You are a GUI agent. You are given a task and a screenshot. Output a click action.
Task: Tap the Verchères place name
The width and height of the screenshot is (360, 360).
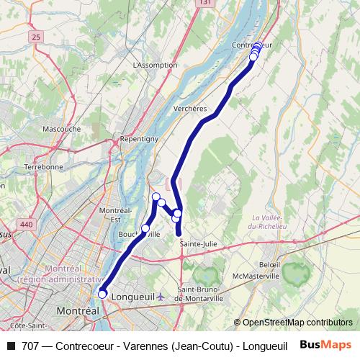pos(191,109)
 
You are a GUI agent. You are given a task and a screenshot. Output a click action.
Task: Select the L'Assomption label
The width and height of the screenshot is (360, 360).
pos(156,65)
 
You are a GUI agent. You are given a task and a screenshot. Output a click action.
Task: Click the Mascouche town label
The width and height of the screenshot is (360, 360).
pos(61,129)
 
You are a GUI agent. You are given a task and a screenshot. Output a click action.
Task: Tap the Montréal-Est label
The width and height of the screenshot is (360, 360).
pos(114,214)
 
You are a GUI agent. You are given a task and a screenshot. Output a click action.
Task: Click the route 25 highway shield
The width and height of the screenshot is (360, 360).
pos(37,35)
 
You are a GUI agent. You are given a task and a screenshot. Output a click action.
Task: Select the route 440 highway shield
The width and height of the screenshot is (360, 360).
pos(27,225)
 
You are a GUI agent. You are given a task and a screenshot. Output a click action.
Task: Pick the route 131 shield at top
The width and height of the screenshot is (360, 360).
pos(206,3)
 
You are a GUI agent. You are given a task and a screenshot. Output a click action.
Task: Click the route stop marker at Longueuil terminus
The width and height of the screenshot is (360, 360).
pos(102,294)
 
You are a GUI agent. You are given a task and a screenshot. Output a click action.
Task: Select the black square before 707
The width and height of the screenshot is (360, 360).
pos(11,346)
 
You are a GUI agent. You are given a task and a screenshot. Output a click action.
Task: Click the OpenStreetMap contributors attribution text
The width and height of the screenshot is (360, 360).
pos(293,323)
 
